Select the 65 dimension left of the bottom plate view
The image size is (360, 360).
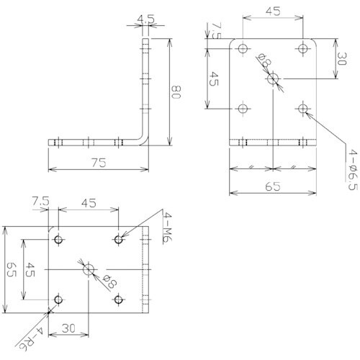pos(11,270)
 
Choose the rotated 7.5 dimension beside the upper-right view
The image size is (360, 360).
pos(215,32)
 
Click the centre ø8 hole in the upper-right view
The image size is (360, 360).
pos(273,79)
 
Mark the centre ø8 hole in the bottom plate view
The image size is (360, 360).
pos(88,269)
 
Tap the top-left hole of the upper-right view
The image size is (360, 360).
pos(243,48)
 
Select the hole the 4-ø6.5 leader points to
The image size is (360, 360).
pos(302,109)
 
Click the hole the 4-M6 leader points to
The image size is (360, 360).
pos(117,238)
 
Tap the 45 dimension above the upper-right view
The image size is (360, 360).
pos(272,11)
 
